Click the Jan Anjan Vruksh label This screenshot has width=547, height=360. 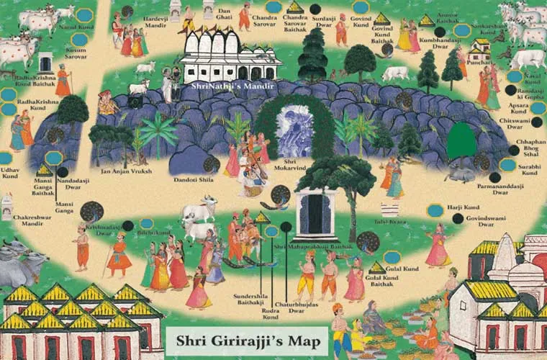128,171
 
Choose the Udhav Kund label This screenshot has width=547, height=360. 11,173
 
